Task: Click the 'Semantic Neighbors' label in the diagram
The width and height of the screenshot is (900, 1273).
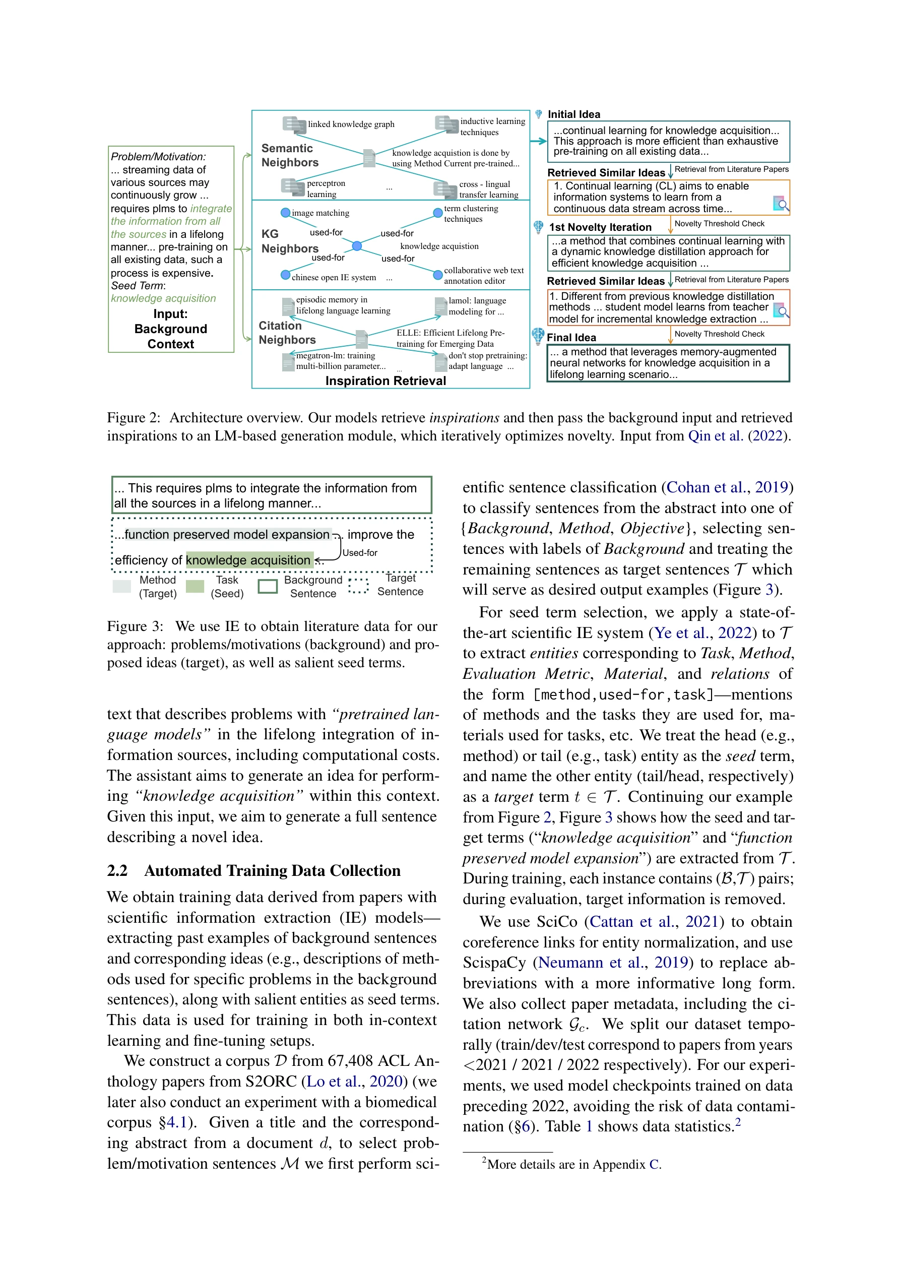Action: (x=289, y=155)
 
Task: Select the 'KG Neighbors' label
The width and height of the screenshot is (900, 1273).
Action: (x=289, y=241)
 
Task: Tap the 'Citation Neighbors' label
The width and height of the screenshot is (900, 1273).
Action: (x=287, y=333)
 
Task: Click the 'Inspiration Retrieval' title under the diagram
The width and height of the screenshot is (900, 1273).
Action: (x=385, y=381)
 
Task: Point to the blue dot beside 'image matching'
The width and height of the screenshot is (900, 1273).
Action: (x=285, y=213)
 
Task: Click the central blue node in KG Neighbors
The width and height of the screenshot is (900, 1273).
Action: (x=357, y=245)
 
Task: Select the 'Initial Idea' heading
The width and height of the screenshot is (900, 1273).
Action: (x=573, y=114)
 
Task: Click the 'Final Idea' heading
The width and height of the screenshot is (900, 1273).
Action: (x=571, y=338)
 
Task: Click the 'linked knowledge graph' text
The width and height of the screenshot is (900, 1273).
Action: (x=351, y=124)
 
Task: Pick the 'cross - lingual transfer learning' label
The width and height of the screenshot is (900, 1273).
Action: (x=488, y=189)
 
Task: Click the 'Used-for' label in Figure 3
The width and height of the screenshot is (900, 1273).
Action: (x=360, y=553)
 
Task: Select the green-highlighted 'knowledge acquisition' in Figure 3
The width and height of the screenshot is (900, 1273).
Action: (x=248, y=560)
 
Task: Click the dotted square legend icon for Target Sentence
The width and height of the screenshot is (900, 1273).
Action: (x=358, y=586)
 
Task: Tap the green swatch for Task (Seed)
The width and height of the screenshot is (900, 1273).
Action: (x=195, y=586)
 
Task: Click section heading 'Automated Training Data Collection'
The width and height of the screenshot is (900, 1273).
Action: (x=272, y=870)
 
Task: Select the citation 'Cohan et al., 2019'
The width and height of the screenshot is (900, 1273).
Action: (x=727, y=487)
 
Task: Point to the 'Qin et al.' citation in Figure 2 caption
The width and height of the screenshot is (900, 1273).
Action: (x=715, y=436)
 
